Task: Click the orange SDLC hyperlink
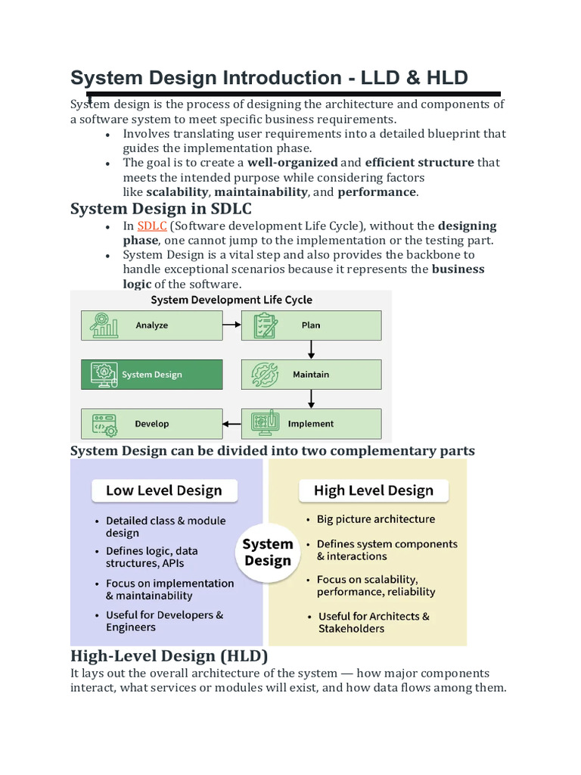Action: (x=151, y=226)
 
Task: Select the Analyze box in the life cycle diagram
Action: (x=151, y=325)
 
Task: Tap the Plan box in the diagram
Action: (x=311, y=325)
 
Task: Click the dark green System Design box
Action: (x=151, y=375)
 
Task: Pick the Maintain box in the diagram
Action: (x=311, y=375)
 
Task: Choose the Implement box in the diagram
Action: (x=311, y=424)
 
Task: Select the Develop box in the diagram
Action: (x=151, y=424)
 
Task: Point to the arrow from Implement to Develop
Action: (x=231, y=424)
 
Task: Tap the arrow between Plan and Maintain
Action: (x=311, y=350)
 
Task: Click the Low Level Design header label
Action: (x=164, y=490)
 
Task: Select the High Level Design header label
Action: (x=374, y=490)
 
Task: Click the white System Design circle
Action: (x=268, y=552)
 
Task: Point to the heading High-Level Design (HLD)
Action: (x=169, y=655)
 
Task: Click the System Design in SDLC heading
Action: (x=161, y=208)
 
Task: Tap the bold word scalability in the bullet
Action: (x=176, y=192)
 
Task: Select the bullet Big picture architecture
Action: (x=375, y=519)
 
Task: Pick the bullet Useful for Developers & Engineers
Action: (x=164, y=621)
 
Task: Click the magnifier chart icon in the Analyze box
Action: (x=104, y=325)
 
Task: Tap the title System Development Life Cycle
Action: (x=231, y=300)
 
